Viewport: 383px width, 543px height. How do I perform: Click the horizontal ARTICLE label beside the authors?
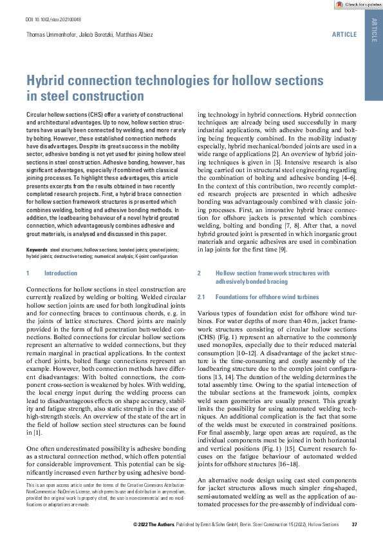(344, 33)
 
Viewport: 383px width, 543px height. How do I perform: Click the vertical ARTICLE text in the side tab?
(374, 31)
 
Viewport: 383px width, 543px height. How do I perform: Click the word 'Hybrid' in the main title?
(48, 81)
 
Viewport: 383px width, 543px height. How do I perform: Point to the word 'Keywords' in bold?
(36, 248)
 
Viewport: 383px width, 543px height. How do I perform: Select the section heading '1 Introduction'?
(51, 273)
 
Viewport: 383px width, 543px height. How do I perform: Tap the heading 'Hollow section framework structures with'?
(272, 273)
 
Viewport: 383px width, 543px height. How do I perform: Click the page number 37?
(354, 524)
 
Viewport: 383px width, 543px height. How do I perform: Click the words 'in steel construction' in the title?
(85, 96)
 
